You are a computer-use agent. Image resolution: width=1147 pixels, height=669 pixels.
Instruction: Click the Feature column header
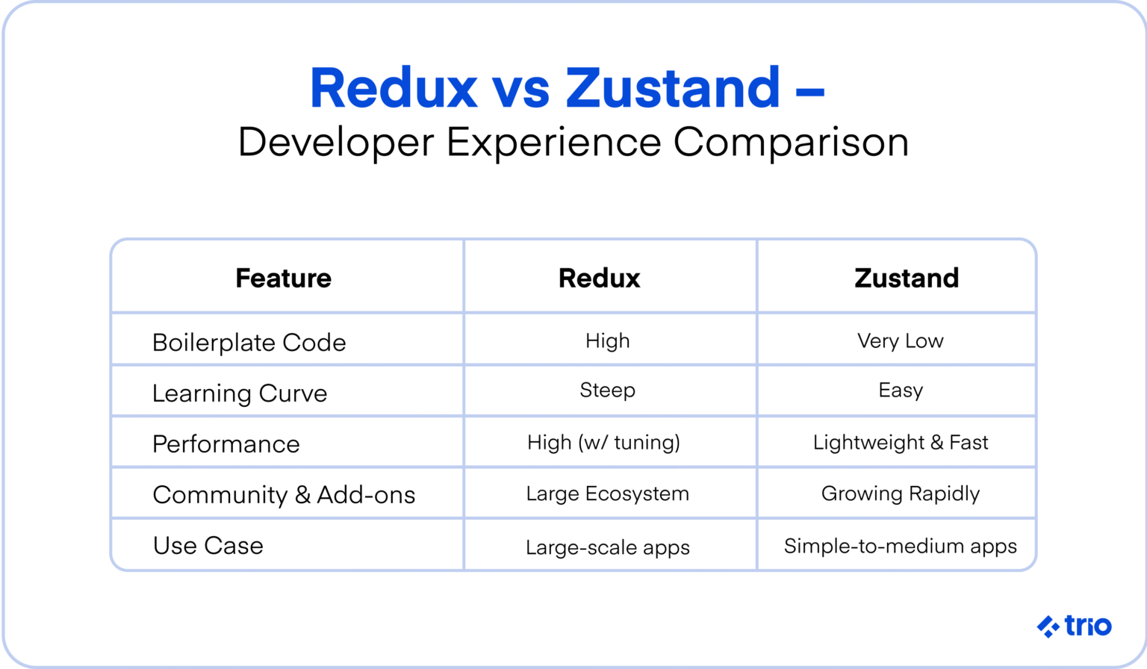283,278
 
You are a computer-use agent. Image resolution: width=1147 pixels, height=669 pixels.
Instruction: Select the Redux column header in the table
599,278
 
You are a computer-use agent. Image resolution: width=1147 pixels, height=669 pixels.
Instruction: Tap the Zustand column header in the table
906,278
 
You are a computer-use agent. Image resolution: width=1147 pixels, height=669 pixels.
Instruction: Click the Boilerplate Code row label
249,342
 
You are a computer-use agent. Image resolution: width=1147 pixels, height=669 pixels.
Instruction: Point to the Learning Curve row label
240,393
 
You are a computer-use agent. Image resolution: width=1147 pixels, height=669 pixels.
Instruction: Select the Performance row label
226,444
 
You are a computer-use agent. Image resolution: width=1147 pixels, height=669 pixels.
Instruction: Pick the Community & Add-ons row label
284,494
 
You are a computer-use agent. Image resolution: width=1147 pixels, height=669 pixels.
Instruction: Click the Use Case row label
208,545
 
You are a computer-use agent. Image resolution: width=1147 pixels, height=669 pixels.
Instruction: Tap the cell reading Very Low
900,340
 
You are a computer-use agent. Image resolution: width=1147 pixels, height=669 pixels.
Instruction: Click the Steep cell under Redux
607,390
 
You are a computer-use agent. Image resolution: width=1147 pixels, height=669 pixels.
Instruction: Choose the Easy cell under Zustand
900,390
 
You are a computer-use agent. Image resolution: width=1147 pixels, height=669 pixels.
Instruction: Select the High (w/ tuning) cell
603,442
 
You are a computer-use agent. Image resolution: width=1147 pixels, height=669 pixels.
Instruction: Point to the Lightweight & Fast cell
900,442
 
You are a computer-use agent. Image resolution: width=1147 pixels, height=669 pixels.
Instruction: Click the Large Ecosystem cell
607,494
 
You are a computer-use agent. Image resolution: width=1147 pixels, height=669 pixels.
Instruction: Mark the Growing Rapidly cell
900,494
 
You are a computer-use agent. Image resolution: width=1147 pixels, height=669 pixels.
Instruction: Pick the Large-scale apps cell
607,547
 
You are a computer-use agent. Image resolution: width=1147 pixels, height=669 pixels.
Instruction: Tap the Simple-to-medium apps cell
900,546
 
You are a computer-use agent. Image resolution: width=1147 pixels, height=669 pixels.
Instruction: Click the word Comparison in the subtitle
791,142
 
